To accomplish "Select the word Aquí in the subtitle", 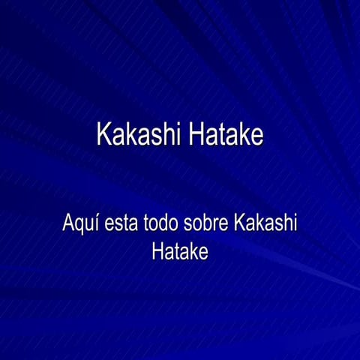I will tap(79, 223).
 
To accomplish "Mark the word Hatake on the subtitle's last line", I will tap(180, 251).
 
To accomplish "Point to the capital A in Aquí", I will tap(67, 223).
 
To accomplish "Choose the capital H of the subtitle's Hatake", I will tap(157, 251).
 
